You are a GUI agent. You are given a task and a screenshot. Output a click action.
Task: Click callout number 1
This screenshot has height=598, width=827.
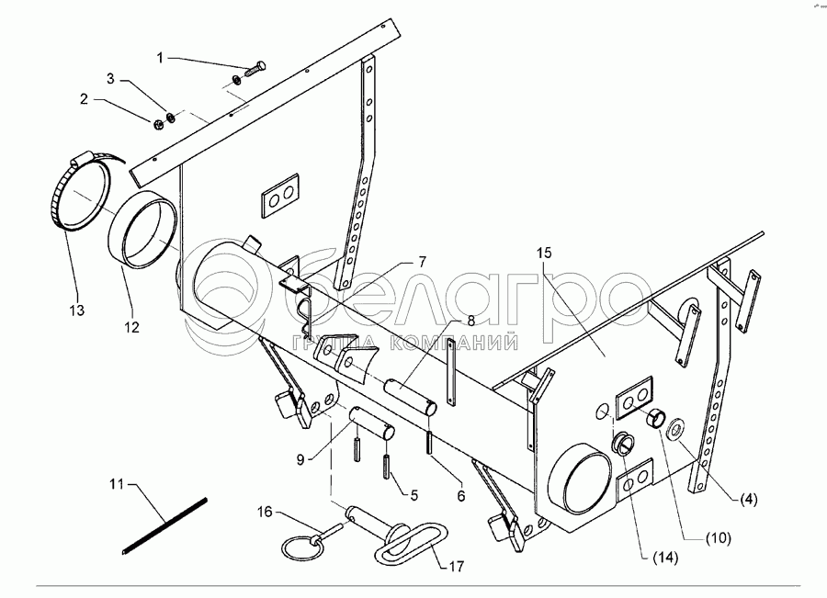click(x=162, y=57)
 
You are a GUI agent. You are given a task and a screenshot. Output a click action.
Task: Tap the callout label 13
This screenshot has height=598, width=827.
click(x=76, y=310)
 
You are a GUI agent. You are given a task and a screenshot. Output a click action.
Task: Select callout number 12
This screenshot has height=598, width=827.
click(x=132, y=327)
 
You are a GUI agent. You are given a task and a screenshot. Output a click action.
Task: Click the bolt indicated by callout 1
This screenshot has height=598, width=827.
click(x=253, y=70)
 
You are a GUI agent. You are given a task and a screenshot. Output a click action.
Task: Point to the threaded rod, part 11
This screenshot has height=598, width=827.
click(x=165, y=525)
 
